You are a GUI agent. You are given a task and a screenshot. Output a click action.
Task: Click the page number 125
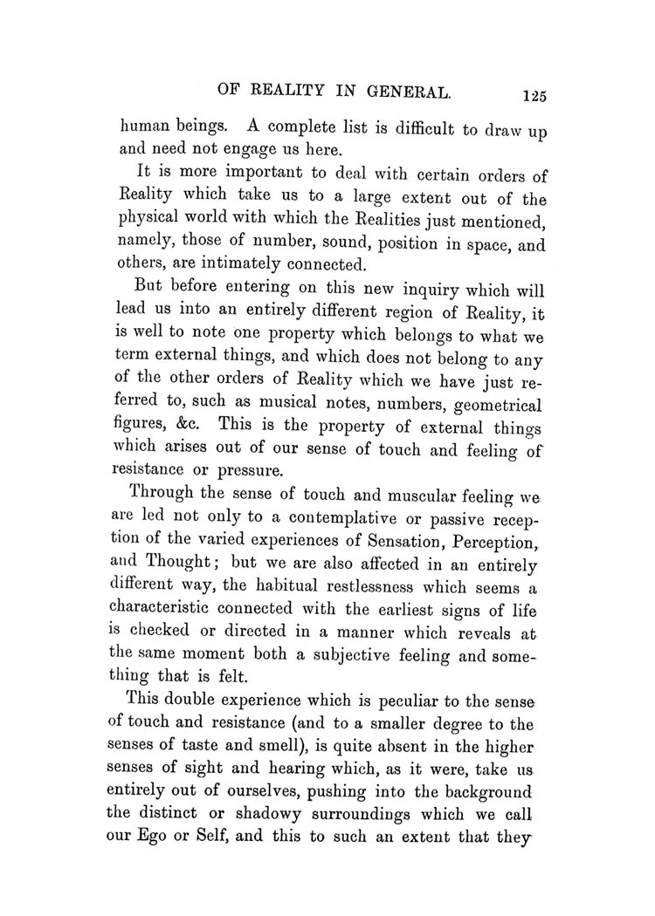click(530, 94)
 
